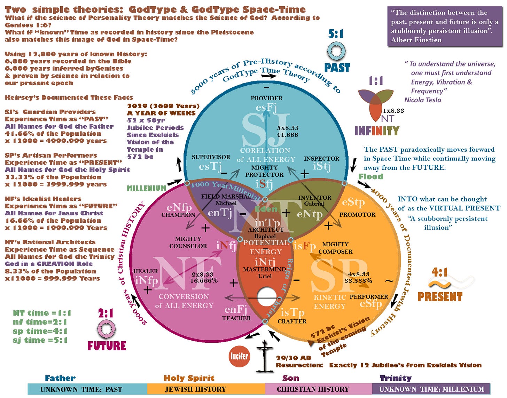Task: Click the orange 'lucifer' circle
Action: coord(239,356)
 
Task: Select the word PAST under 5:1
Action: coord(337,67)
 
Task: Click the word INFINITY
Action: coord(377,131)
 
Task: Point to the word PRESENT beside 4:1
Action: coord(440,297)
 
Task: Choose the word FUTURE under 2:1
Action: coord(107,345)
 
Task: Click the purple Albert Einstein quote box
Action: coord(445,26)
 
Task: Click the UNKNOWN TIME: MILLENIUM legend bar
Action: coord(431,389)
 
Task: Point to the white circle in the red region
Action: coord(267,296)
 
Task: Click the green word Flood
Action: coord(370,176)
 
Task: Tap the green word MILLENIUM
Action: coord(146,188)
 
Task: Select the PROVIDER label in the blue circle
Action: coord(266,98)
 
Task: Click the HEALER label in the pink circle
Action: coord(146,271)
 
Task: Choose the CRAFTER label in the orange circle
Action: coord(292,321)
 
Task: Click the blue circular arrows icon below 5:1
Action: coord(336,51)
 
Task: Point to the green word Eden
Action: coord(266,209)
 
